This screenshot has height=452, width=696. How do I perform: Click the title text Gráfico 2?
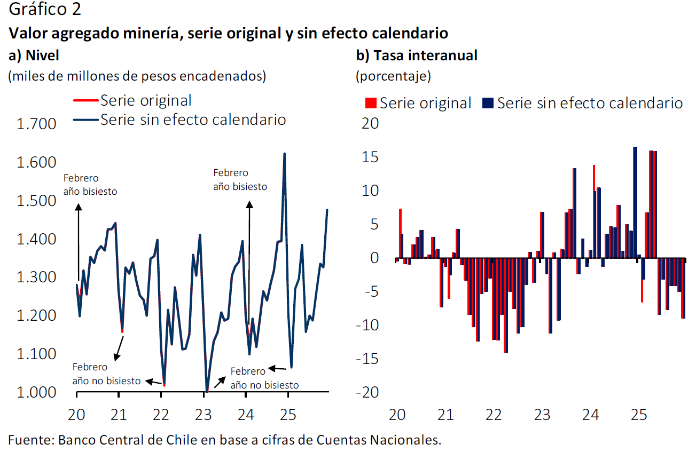[x=45, y=10]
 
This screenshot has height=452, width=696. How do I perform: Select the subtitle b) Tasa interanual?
[x=417, y=55]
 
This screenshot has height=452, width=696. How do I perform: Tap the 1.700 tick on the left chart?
[x=37, y=124]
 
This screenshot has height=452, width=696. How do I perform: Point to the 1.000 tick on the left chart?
[x=37, y=392]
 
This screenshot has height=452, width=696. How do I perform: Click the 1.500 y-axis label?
[x=37, y=201]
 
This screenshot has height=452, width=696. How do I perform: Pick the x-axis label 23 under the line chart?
[x=204, y=415]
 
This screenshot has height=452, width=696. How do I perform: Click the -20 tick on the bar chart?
[x=368, y=392]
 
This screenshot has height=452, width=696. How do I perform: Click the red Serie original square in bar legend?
[x=371, y=103]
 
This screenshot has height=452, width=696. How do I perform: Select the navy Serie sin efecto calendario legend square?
[x=488, y=103]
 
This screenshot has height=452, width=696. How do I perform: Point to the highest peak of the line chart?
[x=284, y=154]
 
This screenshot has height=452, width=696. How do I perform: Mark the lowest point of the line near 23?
[x=207, y=391]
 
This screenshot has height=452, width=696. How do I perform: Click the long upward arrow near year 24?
[x=249, y=261]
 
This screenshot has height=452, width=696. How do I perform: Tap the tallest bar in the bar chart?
[x=635, y=203]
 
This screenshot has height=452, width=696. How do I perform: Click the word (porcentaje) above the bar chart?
[x=393, y=76]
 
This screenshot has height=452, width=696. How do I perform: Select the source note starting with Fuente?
[x=225, y=440]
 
